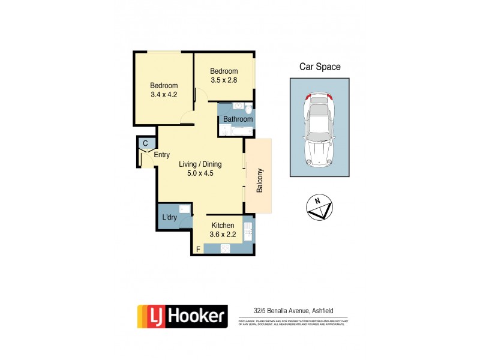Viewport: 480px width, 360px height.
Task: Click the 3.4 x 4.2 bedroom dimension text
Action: click(163, 94)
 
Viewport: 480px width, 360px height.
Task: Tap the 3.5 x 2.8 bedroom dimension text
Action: click(224, 80)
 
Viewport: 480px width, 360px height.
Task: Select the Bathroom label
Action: click(238, 119)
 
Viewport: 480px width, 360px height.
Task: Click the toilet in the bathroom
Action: click(247, 109)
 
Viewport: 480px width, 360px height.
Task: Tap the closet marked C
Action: click(145, 143)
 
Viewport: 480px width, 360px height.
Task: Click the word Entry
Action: click(161, 155)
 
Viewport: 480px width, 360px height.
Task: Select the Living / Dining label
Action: click(200, 164)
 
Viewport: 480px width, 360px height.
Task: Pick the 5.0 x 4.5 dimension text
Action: click(200, 173)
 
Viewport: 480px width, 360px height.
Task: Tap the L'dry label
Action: click(169, 217)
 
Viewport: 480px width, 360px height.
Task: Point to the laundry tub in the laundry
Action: click(185, 209)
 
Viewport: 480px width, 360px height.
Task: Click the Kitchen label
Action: click(223, 226)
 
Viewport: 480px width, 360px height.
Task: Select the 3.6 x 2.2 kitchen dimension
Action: click(223, 235)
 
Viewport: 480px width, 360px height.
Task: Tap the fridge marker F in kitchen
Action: click(197, 248)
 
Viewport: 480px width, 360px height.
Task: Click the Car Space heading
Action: click(320, 67)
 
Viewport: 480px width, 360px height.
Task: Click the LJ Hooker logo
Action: click(182, 316)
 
